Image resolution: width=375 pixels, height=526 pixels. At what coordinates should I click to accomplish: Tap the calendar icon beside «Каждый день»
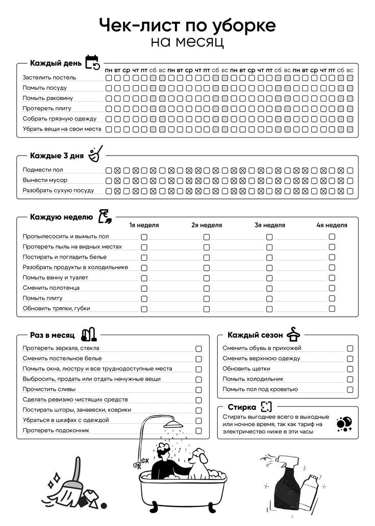[92, 62]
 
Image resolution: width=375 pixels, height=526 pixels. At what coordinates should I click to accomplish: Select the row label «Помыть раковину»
[47, 98]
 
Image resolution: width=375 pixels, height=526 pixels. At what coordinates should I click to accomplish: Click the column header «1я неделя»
[144, 225]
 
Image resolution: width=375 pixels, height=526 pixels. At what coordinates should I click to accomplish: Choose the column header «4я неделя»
[332, 225]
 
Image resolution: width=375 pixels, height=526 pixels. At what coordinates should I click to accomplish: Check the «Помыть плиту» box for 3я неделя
[269, 298]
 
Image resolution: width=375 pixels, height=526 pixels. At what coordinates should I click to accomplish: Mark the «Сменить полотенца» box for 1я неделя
[144, 288]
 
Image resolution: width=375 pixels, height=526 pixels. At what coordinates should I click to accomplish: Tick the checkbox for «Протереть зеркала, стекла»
[198, 348]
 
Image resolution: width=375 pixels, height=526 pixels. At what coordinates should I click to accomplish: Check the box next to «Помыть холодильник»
[350, 380]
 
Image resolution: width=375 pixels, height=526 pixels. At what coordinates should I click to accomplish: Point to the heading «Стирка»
[242, 407]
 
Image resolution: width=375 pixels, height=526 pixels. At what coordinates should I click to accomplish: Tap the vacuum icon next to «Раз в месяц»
[88, 335]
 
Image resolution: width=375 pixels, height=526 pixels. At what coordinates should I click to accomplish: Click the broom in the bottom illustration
[71, 485]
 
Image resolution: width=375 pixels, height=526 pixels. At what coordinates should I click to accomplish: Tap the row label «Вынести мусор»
[45, 180]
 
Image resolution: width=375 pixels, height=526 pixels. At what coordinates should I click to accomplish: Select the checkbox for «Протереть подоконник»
[198, 431]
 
